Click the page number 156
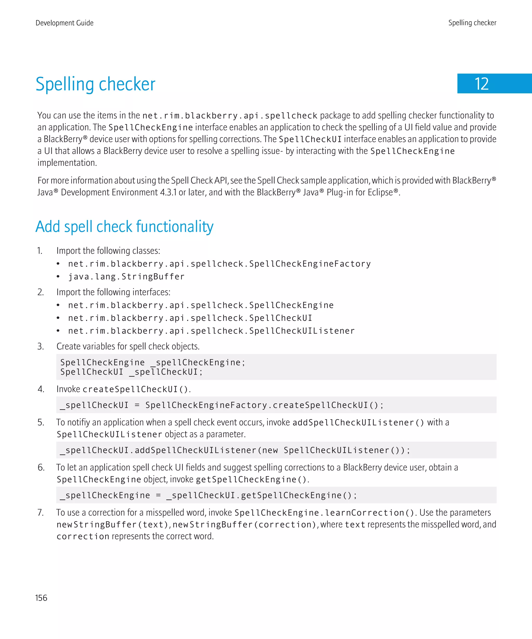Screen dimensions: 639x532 [x=41, y=598]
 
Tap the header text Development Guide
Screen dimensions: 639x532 [x=64, y=23]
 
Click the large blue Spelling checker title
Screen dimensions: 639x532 [x=95, y=84]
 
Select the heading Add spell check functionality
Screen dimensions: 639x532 [x=124, y=227]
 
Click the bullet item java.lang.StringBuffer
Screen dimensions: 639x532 [x=126, y=277]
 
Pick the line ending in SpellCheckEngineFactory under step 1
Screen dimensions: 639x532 [x=219, y=264]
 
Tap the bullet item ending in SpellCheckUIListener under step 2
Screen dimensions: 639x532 [x=211, y=331]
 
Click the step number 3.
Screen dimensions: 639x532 [x=41, y=346]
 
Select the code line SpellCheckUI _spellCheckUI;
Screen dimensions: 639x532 [x=131, y=372]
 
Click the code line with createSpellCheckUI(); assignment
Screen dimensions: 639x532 [x=222, y=405]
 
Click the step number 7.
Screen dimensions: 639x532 [x=41, y=512]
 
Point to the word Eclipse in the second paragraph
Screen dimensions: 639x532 [x=380, y=192]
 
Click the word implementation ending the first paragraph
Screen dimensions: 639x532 [x=67, y=163]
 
